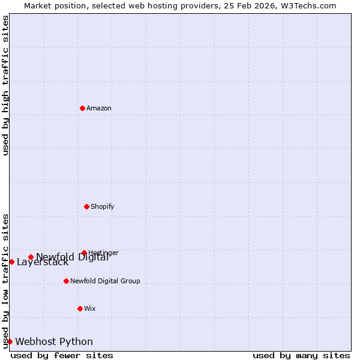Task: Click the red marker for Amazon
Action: pyautogui.click(x=83, y=108)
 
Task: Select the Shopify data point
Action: pyautogui.click(x=86, y=206)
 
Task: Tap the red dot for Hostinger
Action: pyautogui.click(x=84, y=253)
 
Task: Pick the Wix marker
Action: pyautogui.click(x=80, y=308)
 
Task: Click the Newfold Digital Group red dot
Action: pyautogui.click(x=66, y=281)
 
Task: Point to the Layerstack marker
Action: pyautogui.click(x=11, y=262)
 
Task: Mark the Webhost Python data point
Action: pyautogui.click(x=10, y=341)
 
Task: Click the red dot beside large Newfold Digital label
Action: pyautogui.click(x=31, y=257)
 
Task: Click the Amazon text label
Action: pyautogui.click(x=99, y=108)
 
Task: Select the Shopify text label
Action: pyautogui.click(x=103, y=206)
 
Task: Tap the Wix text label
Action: pyautogui.click(x=90, y=308)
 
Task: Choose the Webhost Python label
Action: pyautogui.click(x=54, y=341)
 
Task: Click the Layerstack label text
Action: pyautogui.click(x=43, y=262)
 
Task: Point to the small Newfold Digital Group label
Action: pyautogui.click(x=105, y=281)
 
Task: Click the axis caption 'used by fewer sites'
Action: pyautogui.click(x=62, y=355)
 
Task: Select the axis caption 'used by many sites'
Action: pyautogui.click(x=301, y=355)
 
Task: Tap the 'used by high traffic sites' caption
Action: pyautogui.click(x=5, y=85)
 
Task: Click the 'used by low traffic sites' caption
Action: pyautogui.click(x=5, y=280)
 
